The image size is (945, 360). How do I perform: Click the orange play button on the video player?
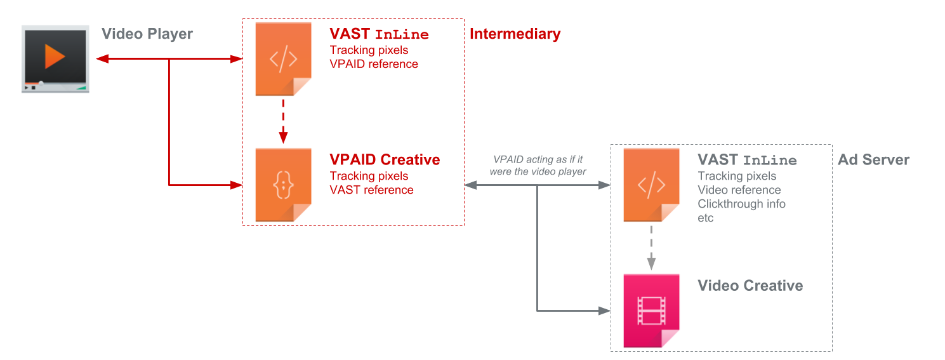click(55, 57)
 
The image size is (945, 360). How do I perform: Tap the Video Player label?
click(147, 34)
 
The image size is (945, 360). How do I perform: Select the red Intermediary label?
click(515, 34)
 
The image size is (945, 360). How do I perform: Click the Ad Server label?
click(873, 160)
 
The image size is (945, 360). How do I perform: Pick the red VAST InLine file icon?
click(283, 59)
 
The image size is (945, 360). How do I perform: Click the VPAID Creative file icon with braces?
click(283, 185)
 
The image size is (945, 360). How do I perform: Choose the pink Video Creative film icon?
click(651, 310)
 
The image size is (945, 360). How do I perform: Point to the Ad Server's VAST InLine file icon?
click(651, 185)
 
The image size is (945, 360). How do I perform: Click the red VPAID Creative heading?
click(385, 160)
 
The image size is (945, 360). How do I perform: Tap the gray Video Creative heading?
click(750, 286)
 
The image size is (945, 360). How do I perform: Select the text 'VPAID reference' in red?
click(374, 64)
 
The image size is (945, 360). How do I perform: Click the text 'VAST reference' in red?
click(371, 190)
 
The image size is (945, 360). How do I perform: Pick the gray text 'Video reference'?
click(739, 190)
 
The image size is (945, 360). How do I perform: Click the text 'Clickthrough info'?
click(741, 204)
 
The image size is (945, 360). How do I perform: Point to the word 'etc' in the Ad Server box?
click(706, 218)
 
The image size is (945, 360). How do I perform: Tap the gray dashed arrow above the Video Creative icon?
click(651, 248)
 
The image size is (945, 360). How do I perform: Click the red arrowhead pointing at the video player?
click(100, 59)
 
